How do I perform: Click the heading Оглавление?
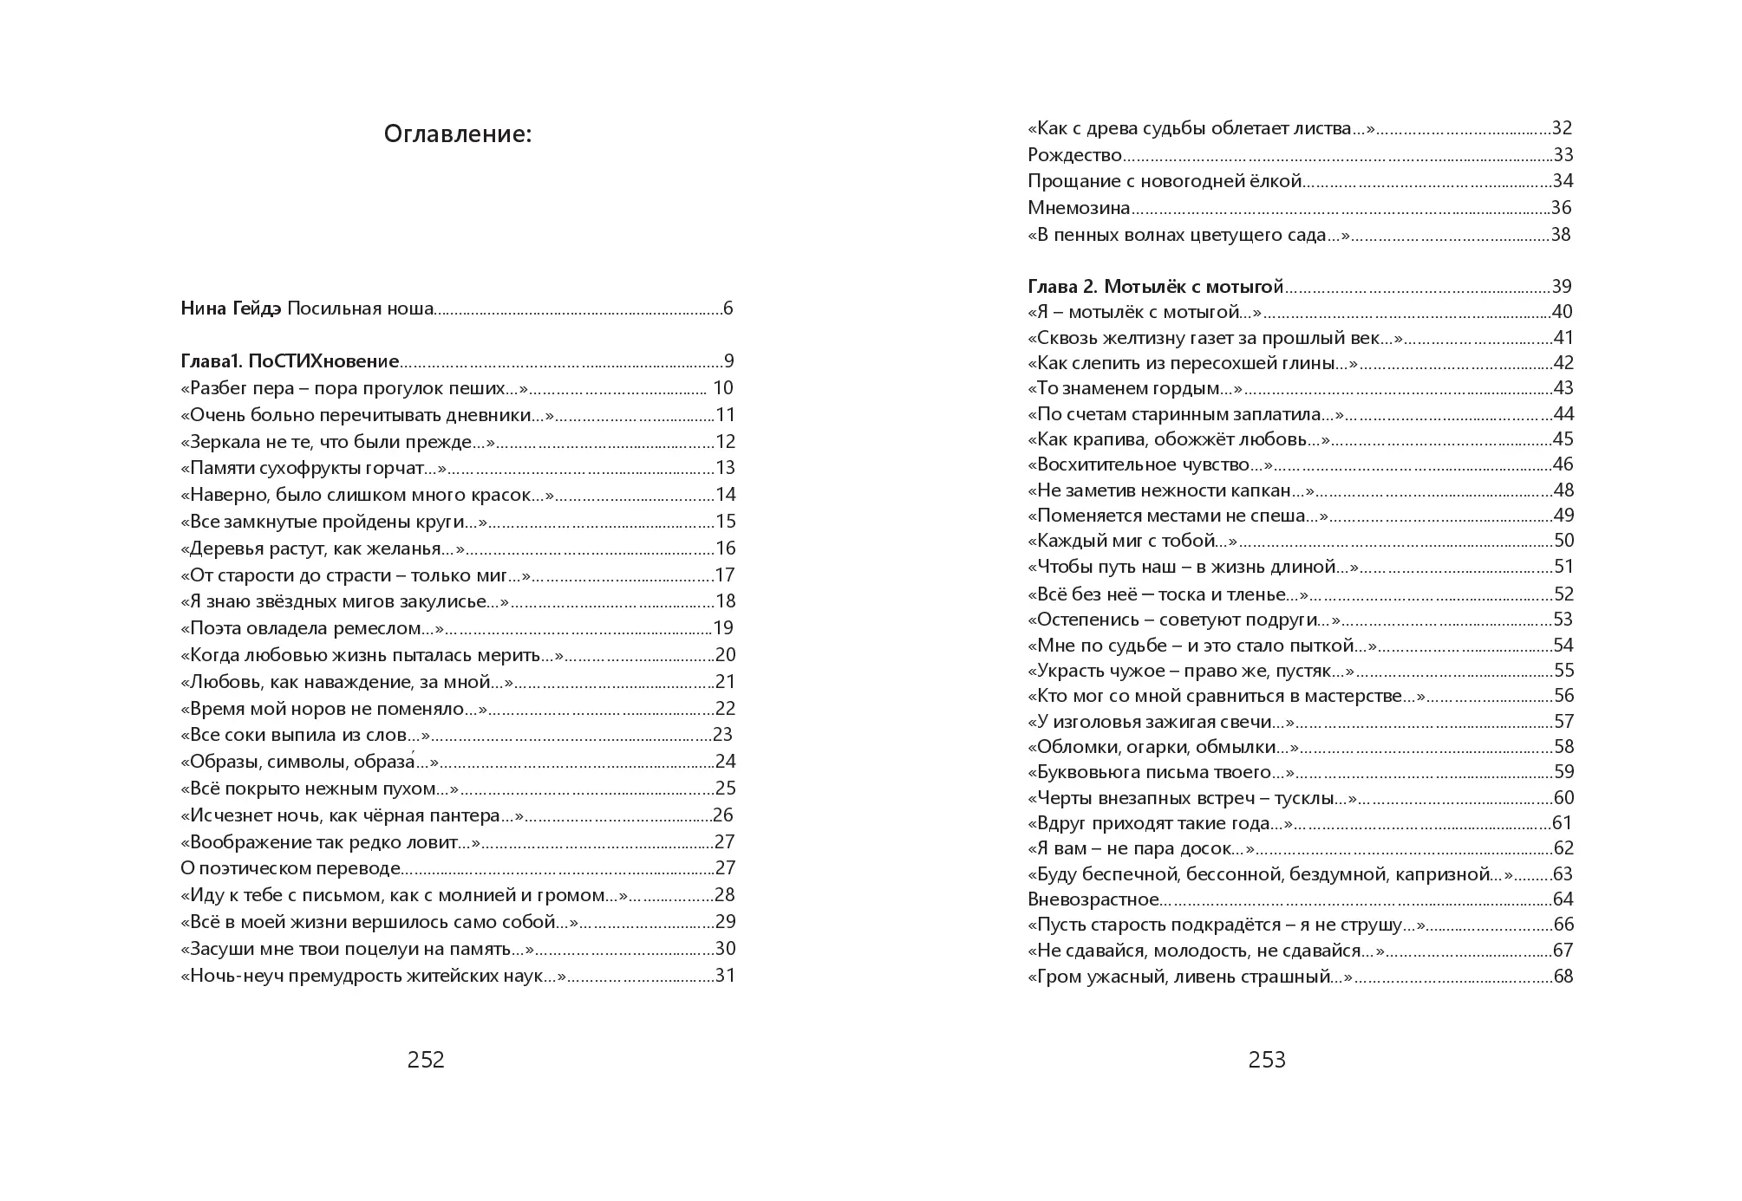(x=457, y=135)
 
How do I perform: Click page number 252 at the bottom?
(x=426, y=1060)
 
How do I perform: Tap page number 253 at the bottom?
(x=1267, y=1060)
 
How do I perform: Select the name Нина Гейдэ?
(x=231, y=308)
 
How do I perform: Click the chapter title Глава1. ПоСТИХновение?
(x=290, y=361)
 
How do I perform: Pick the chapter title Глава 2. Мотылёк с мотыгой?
(x=1155, y=287)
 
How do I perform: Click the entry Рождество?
(x=1074, y=155)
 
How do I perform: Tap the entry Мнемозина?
(x=1079, y=208)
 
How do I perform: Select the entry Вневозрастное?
(x=1093, y=899)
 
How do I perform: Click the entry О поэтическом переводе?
(x=290, y=868)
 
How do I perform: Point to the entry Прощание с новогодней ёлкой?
(x=1165, y=181)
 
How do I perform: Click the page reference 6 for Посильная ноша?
(x=728, y=308)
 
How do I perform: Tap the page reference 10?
(x=723, y=388)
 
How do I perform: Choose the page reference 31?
(x=725, y=976)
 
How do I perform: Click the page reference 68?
(x=1563, y=977)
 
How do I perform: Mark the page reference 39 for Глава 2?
(x=1562, y=287)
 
